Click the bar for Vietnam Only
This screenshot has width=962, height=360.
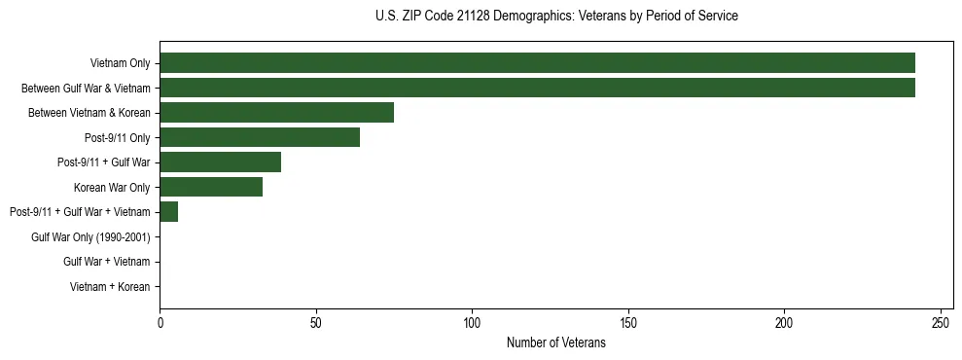click(537, 63)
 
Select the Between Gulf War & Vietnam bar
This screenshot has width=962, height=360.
click(537, 88)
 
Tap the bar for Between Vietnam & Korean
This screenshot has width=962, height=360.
click(276, 113)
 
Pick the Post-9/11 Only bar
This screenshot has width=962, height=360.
click(260, 137)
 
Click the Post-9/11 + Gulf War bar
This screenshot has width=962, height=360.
click(220, 162)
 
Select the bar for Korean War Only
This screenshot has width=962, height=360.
click(211, 187)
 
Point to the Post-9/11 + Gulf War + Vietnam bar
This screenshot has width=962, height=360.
click(168, 212)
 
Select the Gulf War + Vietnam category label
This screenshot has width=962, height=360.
click(106, 262)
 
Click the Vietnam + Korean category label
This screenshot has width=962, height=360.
click(110, 287)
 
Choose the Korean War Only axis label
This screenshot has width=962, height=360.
click(112, 188)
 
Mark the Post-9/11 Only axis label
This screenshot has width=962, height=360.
click(118, 138)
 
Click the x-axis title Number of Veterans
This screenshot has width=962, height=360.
click(555, 342)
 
